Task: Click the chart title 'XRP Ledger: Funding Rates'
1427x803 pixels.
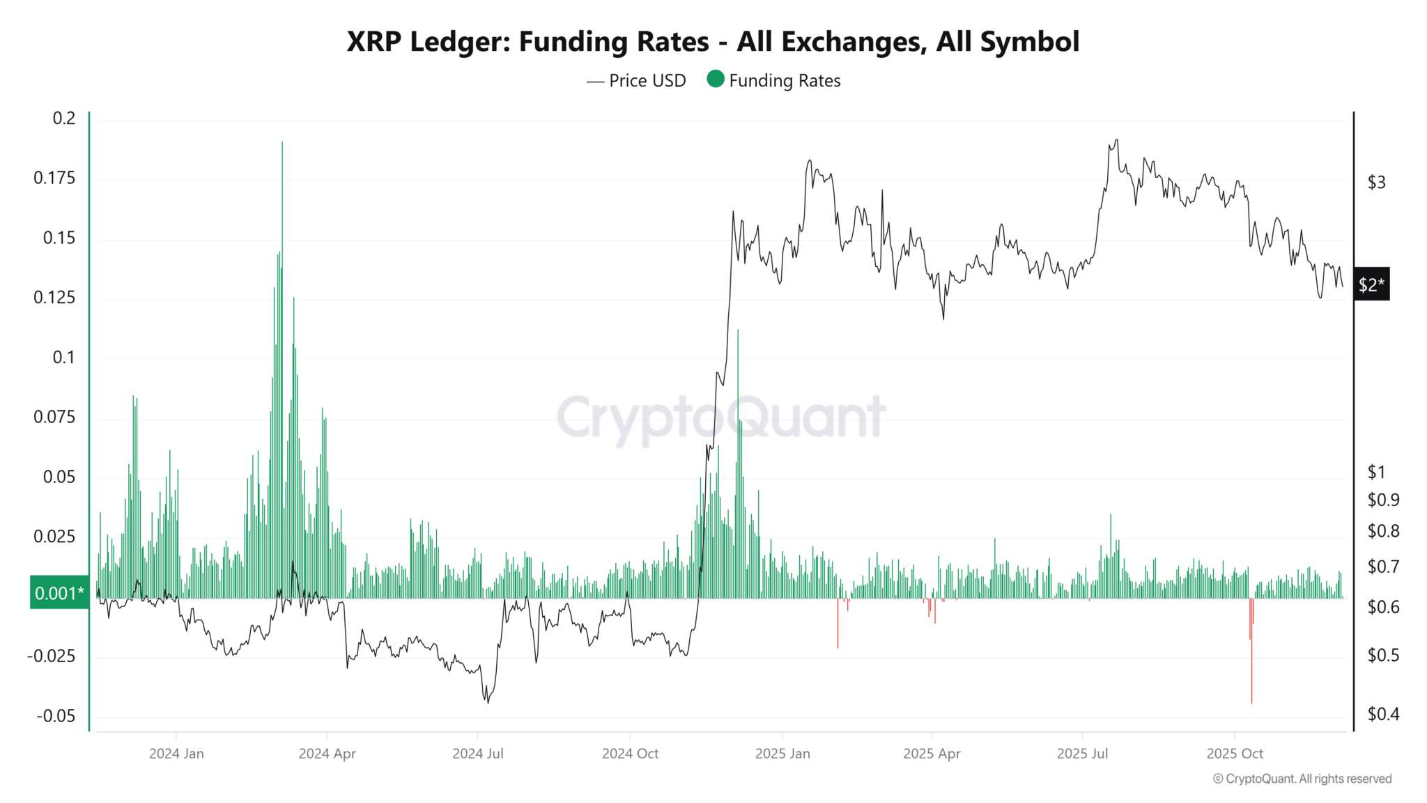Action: click(713, 42)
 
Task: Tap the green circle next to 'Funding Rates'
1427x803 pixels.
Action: click(716, 79)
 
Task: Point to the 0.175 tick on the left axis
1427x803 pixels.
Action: click(54, 178)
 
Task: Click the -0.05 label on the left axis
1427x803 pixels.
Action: click(56, 717)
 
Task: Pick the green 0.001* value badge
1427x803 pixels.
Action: click(59, 593)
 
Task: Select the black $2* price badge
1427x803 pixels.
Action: click(1371, 284)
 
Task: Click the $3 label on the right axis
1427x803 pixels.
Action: click(1376, 183)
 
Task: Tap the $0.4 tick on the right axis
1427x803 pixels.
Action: click(1382, 714)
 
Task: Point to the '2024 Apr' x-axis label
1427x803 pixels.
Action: click(327, 754)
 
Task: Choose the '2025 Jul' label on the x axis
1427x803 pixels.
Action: click(1082, 754)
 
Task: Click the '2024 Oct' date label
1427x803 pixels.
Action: click(630, 754)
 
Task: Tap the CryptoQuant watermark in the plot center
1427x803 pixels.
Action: click(721, 418)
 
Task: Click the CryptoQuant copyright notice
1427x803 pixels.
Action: click(1302, 779)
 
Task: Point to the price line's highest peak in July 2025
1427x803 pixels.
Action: click(1116, 141)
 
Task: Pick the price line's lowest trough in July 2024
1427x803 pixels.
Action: click(487, 701)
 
